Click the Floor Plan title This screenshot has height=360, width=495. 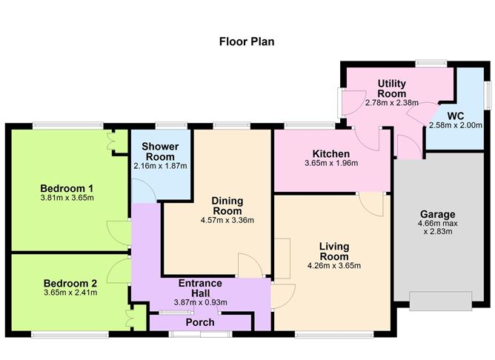(247, 41)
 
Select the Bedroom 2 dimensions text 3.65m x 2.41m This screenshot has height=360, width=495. (70, 293)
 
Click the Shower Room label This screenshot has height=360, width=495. (159, 152)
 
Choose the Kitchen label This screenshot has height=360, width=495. (330, 154)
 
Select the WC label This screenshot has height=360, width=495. (455, 115)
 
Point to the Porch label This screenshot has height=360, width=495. (199, 322)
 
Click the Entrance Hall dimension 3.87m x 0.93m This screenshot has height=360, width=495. (200, 301)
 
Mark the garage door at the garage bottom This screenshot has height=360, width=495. (440, 300)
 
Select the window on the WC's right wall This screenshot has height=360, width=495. (487, 95)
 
